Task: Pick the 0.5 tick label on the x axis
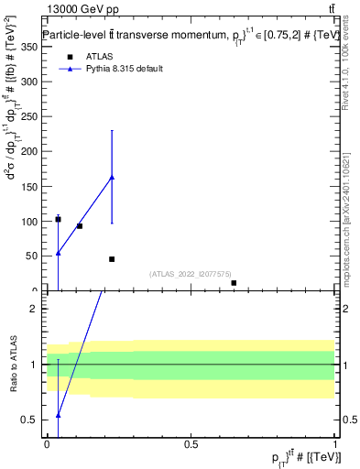[x=191, y=444]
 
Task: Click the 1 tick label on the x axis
[x=336, y=444]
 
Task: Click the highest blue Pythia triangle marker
[x=112, y=177]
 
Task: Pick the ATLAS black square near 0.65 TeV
[x=234, y=283]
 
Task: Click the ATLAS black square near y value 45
[x=112, y=259]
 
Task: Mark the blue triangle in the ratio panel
[x=58, y=415]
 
